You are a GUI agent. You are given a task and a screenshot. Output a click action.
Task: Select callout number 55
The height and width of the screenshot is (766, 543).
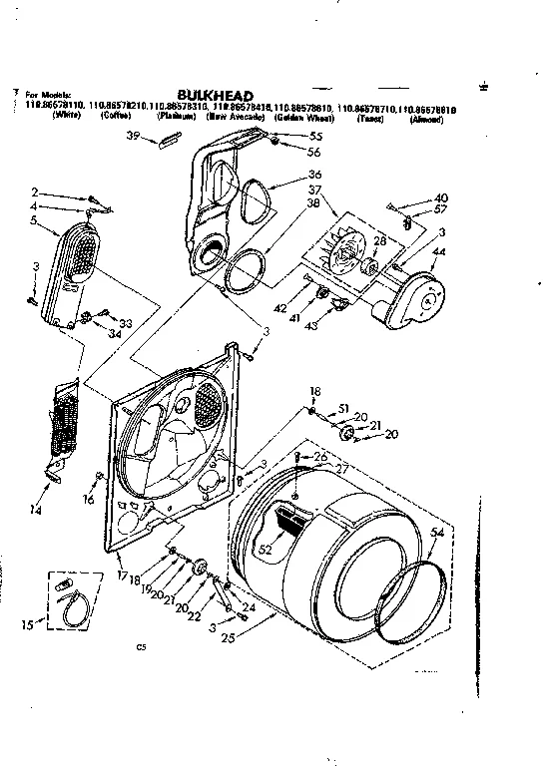(315, 136)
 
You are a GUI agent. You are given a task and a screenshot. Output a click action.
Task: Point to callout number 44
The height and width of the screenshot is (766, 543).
(439, 254)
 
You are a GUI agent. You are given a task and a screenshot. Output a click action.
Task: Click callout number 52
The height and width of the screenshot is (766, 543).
(266, 548)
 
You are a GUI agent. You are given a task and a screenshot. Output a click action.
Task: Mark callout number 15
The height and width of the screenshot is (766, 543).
(26, 625)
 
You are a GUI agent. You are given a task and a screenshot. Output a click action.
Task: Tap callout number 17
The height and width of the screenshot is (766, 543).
(122, 575)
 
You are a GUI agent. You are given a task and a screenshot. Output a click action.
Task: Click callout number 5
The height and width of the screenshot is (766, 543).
(33, 219)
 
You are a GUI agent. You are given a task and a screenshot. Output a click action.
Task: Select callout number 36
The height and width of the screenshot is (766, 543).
(315, 173)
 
